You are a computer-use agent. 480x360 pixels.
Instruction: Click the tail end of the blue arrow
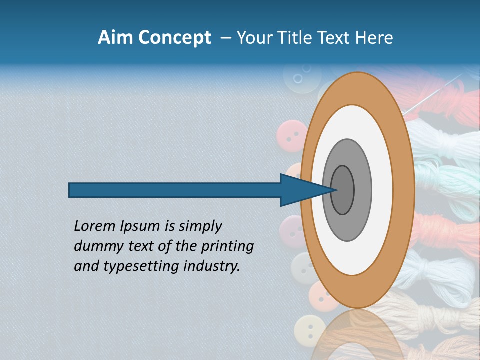[70, 190]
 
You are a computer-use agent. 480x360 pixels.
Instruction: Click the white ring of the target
[353, 125]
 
